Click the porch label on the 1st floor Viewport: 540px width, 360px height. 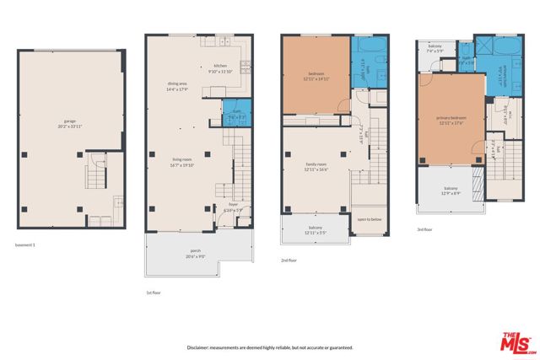(196, 252)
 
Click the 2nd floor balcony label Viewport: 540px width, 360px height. (316, 229)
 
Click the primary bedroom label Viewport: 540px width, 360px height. (451, 119)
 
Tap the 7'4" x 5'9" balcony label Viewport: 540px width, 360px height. (435, 50)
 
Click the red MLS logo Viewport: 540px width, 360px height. (515, 341)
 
